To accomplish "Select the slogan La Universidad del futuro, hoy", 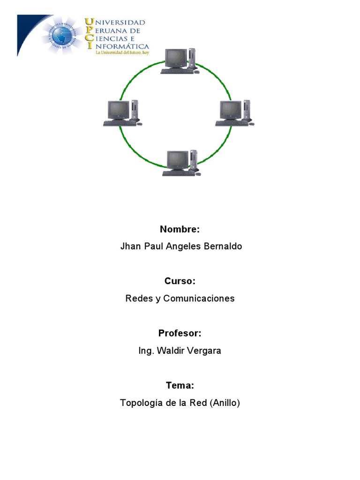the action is [x=121, y=53].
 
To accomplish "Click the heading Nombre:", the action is [x=180, y=229].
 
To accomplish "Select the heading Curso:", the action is [x=180, y=281].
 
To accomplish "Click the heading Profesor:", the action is [x=180, y=333].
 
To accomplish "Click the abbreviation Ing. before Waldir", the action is [x=147, y=351].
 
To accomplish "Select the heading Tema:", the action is [x=180, y=385].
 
